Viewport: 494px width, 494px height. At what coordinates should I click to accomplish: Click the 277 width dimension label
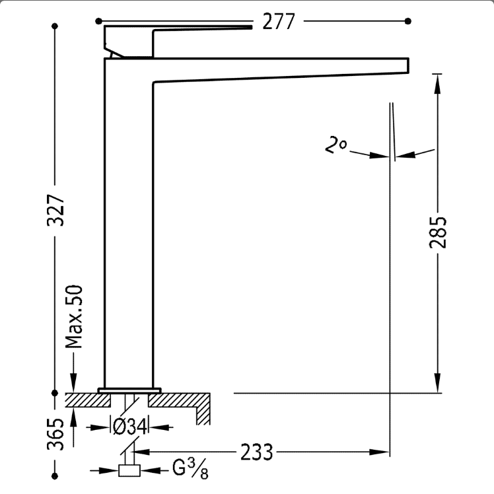279,21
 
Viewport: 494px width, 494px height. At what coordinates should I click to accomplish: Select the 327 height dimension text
55,210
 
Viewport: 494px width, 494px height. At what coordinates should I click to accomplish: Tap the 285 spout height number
438,232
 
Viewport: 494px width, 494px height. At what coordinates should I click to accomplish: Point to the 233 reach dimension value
256,452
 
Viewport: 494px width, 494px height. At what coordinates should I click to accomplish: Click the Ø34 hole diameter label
130,427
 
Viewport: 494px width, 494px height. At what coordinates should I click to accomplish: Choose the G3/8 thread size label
190,468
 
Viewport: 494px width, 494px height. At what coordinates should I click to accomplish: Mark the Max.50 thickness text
74,316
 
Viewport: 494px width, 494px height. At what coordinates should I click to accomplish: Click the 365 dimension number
55,434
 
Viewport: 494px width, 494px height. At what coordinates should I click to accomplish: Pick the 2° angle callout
336,145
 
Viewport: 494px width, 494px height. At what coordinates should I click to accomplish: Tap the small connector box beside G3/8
129,471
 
